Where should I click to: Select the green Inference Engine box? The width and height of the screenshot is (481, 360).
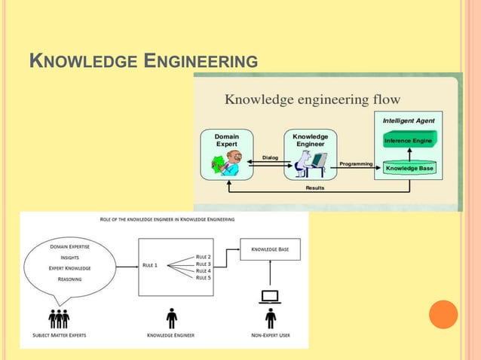point(409,140)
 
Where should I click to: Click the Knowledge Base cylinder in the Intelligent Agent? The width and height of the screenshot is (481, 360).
point(409,168)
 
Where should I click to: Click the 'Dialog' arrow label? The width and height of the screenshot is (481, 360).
point(270,157)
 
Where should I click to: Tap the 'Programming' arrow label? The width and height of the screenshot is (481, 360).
point(356,163)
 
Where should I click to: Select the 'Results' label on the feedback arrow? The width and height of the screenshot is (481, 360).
point(315,188)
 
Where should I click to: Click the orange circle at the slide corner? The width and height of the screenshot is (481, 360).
point(443,314)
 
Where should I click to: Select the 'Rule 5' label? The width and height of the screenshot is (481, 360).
point(204,277)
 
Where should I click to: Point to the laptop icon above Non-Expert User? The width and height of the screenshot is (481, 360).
point(269,297)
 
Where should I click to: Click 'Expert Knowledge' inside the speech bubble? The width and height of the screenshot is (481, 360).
point(69,267)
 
